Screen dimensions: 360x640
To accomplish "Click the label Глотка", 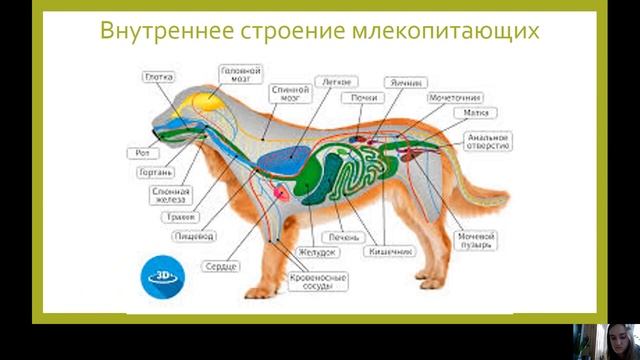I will coord(159,75).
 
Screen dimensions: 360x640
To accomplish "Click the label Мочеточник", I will coord(455,98).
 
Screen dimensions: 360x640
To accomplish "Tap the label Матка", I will coord(476,113).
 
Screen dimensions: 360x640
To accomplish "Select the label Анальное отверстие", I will coord(490,140).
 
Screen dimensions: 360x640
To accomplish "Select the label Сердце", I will coord(222,267).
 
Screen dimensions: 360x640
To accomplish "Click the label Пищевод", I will coord(190,237).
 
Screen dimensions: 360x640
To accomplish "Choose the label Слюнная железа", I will coord(168,194).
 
